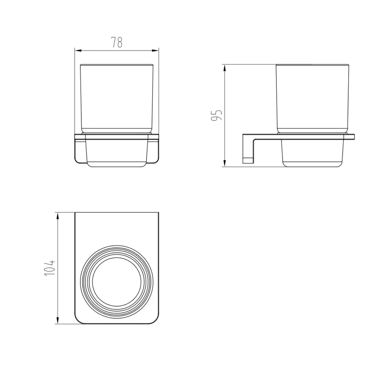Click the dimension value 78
point(117,42)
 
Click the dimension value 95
point(217,115)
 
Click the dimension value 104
point(49,267)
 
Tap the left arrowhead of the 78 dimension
point(78,51)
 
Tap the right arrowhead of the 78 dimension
point(155,51)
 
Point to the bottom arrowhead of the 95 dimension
point(224,163)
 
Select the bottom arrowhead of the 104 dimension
point(57,320)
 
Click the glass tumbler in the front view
point(117,99)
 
